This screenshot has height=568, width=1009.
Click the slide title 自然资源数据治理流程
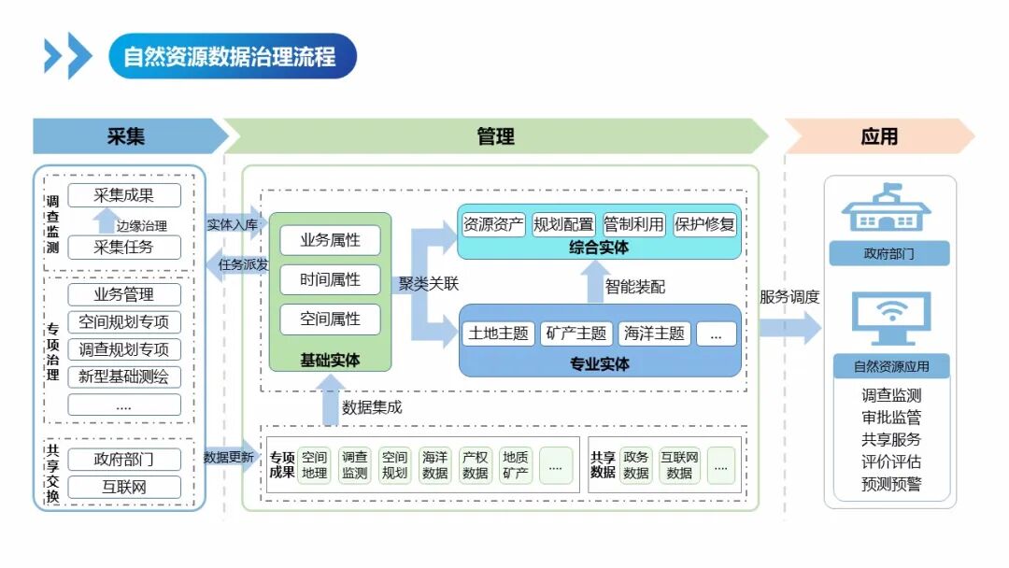click(230, 56)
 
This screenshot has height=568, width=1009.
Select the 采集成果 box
click(124, 195)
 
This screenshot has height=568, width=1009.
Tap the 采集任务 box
click(124, 247)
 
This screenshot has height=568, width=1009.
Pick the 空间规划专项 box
click(124, 322)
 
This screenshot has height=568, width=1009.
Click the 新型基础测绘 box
click(124, 376)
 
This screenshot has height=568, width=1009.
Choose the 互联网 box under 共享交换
click(124, 486)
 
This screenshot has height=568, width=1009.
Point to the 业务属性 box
click(330, 240)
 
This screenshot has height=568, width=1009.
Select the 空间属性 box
click(330, 319)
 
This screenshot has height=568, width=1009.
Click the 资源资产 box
click(494, 224)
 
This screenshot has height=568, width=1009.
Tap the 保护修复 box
click(704, 224)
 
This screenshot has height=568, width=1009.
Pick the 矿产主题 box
click(576, 334)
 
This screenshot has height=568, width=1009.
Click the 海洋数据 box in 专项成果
click(435, 465)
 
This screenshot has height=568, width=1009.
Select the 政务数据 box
click(636, 465)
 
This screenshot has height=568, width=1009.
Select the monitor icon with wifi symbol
click(890, 318)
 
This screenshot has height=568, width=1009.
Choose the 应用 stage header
click(879, 136)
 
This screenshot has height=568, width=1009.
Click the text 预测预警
click(891, 484)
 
